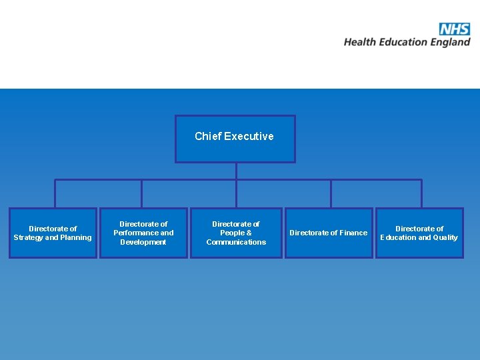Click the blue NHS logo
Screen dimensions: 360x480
[x=455, y=29]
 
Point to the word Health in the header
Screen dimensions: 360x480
[x=361, y=42]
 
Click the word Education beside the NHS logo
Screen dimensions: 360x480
[x=404, y=42]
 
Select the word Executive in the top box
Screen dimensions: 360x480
[x=249, y=136]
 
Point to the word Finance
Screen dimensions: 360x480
[x=353, y=233]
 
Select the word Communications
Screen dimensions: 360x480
[x=236, y=242]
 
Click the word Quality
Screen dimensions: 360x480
[x=445, y=237]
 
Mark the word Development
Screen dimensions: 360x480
[x=143, y=242]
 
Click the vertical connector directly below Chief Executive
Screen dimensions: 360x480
[x=236, y=171]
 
